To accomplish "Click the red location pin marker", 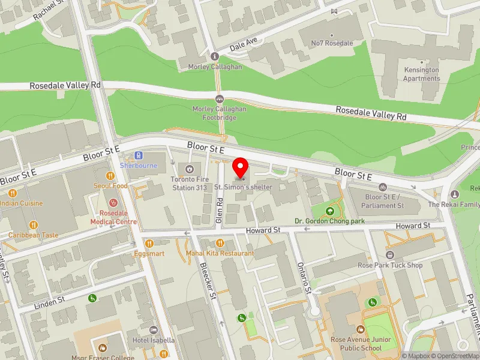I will tap(241, 167).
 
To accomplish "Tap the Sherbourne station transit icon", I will tap(139, 155).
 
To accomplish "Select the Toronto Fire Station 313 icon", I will tap(190, 169).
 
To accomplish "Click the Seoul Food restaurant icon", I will tap(110, 176).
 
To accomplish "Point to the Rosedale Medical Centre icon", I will tap(114, 204).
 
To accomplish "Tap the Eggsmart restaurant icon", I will tap(149, 244).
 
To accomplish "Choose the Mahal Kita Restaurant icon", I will tap(220, 243).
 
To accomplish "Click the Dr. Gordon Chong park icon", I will tap(329, 211).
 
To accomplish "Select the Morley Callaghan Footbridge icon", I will tap(220, 99).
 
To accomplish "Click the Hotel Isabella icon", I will tap(153, 330).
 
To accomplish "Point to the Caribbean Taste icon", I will tap(34, 225).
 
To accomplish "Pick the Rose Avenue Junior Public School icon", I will tap(360, 329).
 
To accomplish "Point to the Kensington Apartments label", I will tap(421, 74).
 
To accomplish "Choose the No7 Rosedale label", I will tap(332, 43).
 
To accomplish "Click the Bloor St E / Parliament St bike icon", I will tap(383, 187).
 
